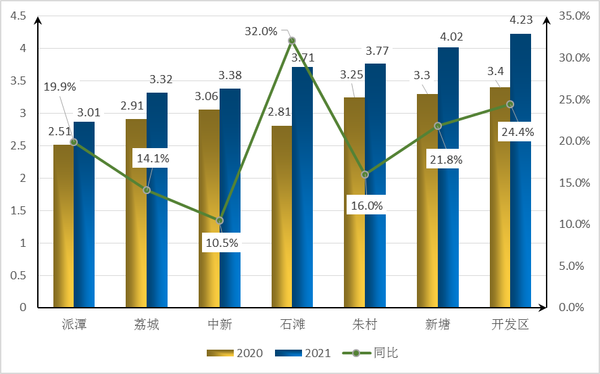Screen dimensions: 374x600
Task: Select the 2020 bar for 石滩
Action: [x=282, y=216]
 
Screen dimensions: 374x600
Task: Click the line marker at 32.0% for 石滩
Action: [x=292, y=41]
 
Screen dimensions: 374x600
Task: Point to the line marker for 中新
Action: [x=220, y=220]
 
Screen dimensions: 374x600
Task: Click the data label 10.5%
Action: [x=222, y=243]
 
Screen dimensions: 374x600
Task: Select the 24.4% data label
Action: [x=517, y=132]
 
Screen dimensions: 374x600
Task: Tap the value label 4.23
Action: [x=521, y=21]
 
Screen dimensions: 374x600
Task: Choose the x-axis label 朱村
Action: [x=364, y=325]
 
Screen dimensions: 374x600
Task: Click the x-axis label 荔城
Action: [x=147, y=325]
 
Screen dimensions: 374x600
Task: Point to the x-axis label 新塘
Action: [x=437, y=325]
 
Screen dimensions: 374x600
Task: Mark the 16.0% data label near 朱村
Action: [x=366, y=205]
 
